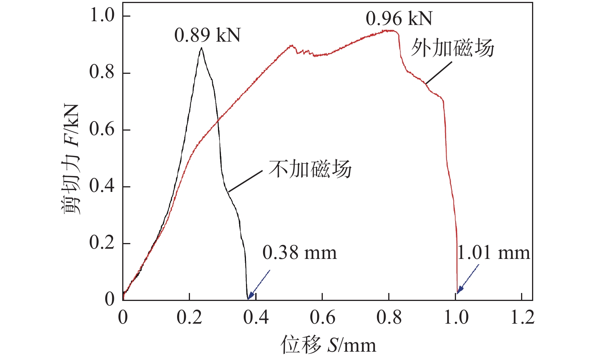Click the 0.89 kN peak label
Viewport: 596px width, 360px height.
point(207,36)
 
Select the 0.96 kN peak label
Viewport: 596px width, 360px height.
point(399,19)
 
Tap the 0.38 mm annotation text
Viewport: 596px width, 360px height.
point(299,253)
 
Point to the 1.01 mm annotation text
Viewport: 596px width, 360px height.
point(493,253)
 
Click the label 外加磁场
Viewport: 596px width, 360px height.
point(453,48)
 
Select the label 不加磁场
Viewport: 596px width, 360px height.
point(310,169)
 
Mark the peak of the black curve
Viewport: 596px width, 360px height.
point(201,48)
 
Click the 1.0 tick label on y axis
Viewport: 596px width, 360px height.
point(102,16)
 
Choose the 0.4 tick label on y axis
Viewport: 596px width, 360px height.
point(102,186)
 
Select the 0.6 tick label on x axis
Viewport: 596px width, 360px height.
point(322,317)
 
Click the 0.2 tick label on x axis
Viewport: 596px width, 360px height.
point(189,317)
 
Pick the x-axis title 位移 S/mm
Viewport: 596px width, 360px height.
point(328,345)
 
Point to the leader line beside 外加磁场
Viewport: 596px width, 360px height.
point(439,72)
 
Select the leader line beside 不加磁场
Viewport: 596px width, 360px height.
point(245,181)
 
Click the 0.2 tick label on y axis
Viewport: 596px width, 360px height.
point(102,243)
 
